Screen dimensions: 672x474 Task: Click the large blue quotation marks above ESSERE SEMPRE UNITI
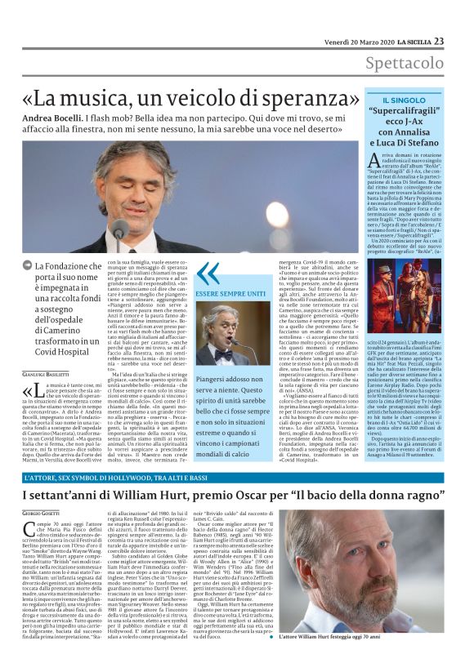coord(208,274)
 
